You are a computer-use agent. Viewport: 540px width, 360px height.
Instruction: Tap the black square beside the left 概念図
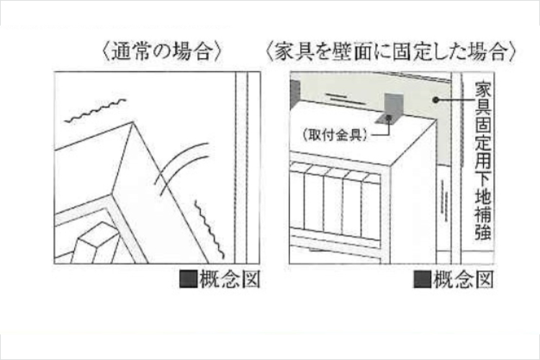[x=188, y=279]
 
